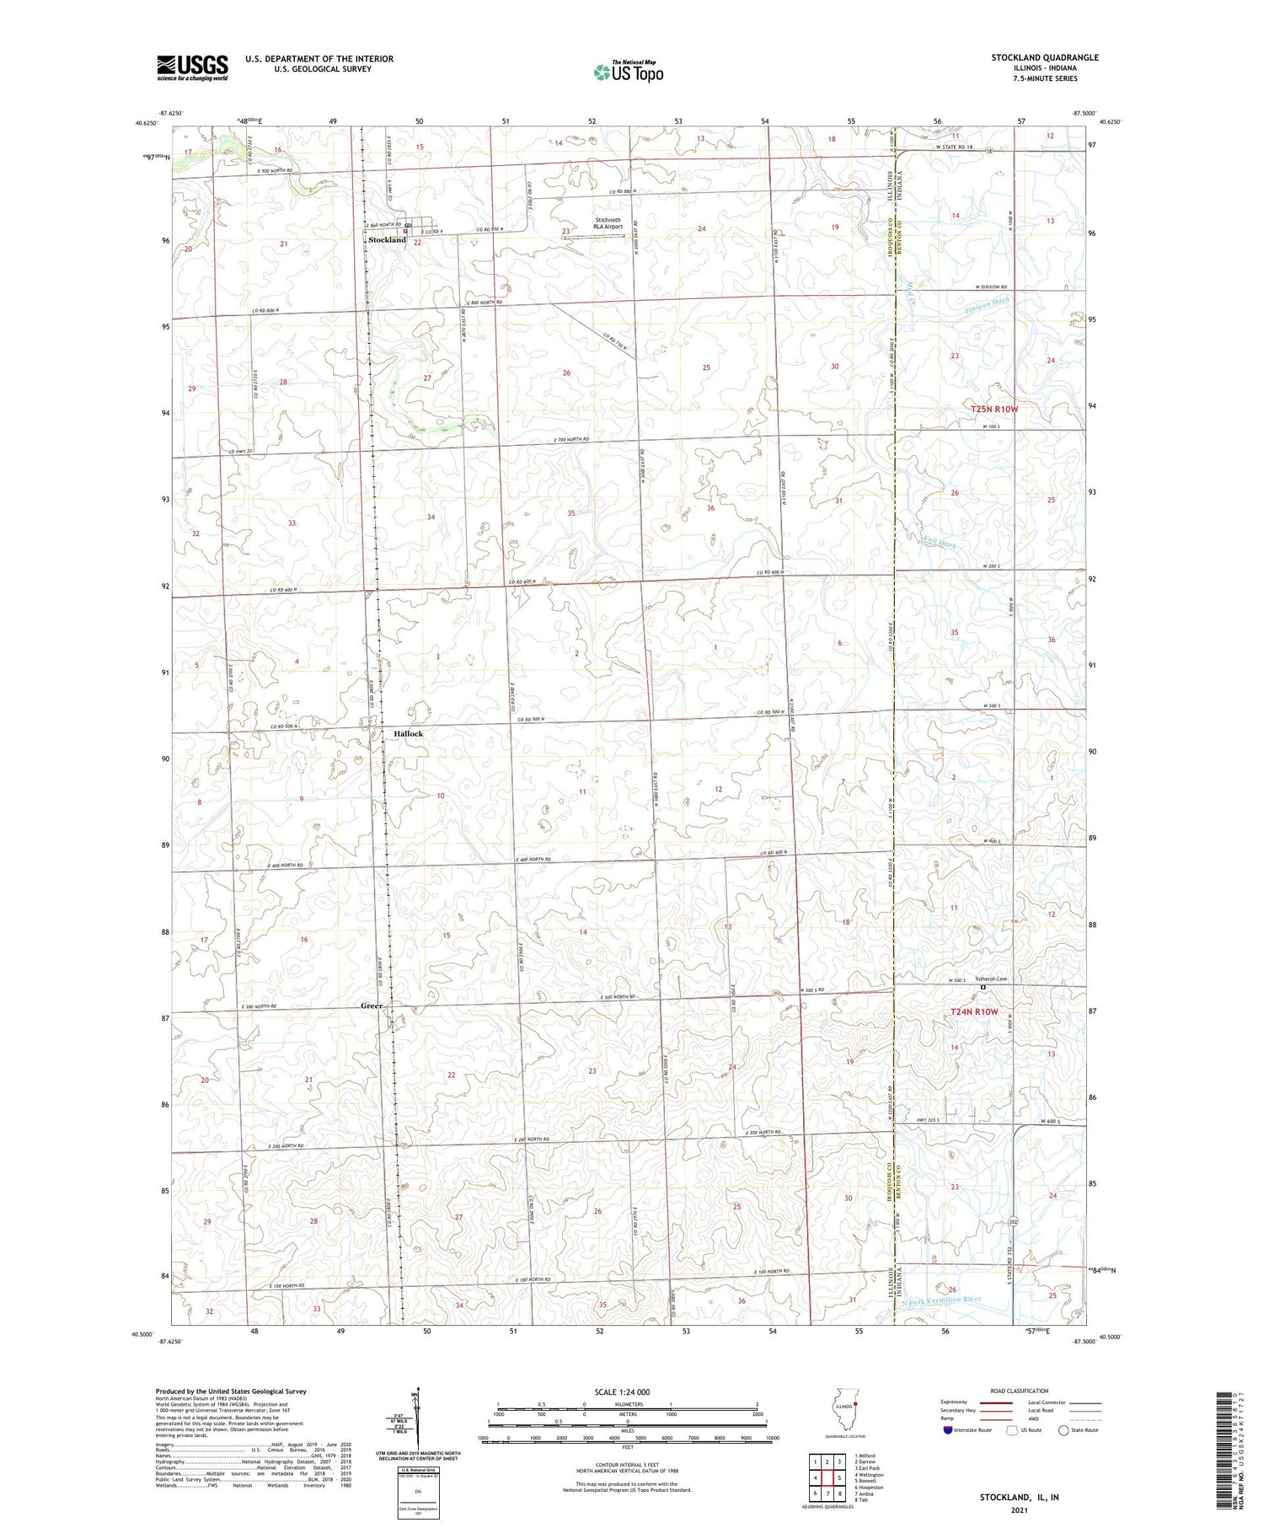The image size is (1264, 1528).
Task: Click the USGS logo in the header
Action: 192,67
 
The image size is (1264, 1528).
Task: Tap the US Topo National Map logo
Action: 628,72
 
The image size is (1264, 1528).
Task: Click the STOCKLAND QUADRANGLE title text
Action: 1045,58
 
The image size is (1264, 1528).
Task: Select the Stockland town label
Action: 387,240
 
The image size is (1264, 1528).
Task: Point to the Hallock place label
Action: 408,734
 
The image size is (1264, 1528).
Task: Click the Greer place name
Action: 371,1005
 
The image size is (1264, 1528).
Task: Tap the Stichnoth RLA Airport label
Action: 607,223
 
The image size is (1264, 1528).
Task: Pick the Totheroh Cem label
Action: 991,979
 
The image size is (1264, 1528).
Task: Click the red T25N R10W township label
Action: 994,410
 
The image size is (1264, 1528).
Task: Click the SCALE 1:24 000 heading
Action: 627,1392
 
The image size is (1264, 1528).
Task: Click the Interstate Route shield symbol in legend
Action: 948,1430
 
